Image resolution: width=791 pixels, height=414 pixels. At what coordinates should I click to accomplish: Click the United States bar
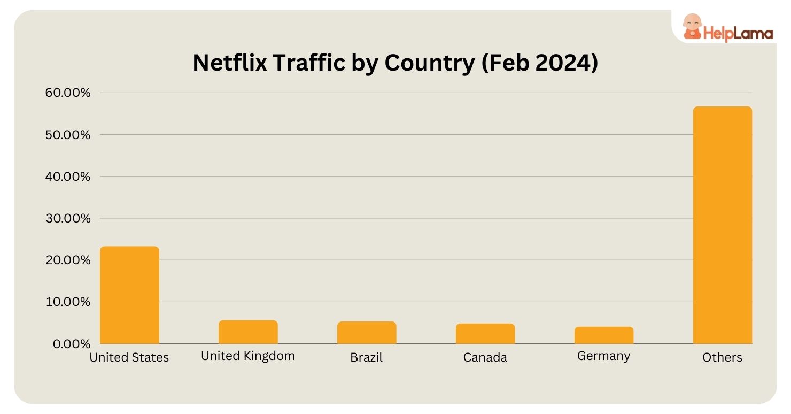click(129, 295)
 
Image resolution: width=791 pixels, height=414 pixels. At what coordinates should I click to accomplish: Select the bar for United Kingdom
click(248, 332)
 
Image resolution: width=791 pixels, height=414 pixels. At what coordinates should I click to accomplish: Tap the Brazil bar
click(367, 332)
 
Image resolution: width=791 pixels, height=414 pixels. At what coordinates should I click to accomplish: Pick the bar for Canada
click(485, 333)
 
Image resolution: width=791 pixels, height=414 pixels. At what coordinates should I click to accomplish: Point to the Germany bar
click(604, 335)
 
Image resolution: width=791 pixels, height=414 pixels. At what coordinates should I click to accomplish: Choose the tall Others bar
click(723, 225)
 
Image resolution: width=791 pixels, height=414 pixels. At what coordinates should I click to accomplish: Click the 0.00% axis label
click(72, 343)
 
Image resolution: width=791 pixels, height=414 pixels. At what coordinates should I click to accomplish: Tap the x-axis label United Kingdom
click(248, 356)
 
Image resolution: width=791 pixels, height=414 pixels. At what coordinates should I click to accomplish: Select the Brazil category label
click(367, 357)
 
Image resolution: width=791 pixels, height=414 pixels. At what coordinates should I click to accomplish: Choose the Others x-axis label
click(723, 357)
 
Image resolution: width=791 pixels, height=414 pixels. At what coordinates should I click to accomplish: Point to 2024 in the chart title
click(563, 63)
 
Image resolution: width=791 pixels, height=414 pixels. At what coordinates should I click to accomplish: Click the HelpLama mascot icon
click(692, 27)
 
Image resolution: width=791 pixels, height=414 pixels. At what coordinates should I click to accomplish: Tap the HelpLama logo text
click(738, 33)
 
